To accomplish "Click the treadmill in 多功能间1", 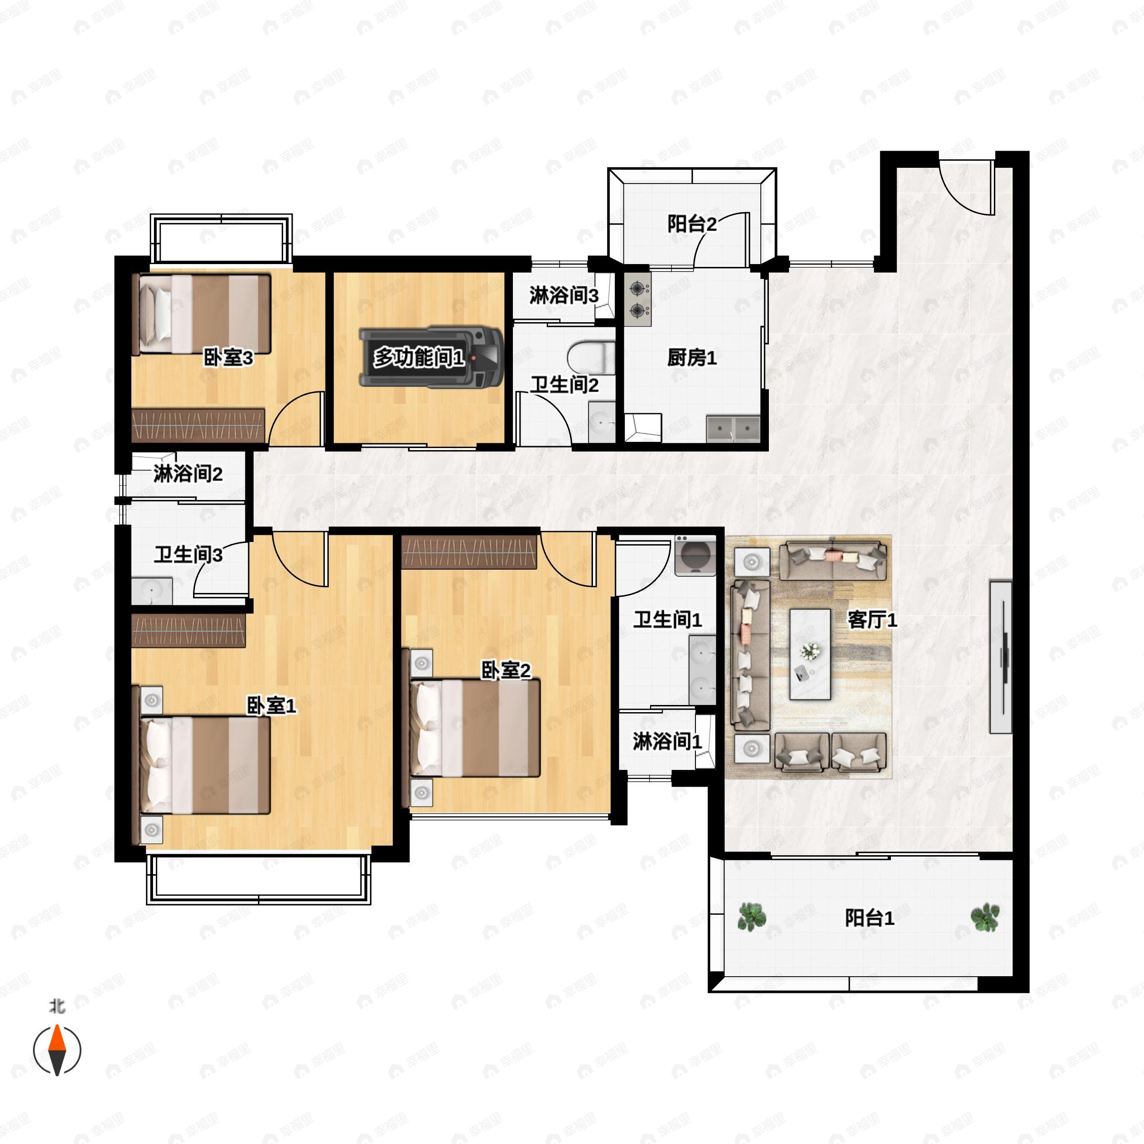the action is [x=431, y=357].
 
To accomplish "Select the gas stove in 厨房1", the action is [x=638, y=298].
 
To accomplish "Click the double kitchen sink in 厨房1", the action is [x=733, y=428].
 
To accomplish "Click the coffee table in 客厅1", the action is [x=810, y=654].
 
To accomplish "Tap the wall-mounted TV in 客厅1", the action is [x=1001, y=657].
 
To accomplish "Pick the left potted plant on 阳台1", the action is [x=752, y=917].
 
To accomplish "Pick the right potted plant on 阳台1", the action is [x=985, y=917].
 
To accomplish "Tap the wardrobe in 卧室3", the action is [x=198, y=425].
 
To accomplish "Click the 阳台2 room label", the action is [x=692, y=224].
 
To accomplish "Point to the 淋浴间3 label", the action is [x=564, y=295].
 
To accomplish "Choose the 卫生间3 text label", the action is [x=188, y=555].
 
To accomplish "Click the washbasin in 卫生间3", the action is [x=152, y=591].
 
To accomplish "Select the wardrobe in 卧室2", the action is [x=469, y=552].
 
